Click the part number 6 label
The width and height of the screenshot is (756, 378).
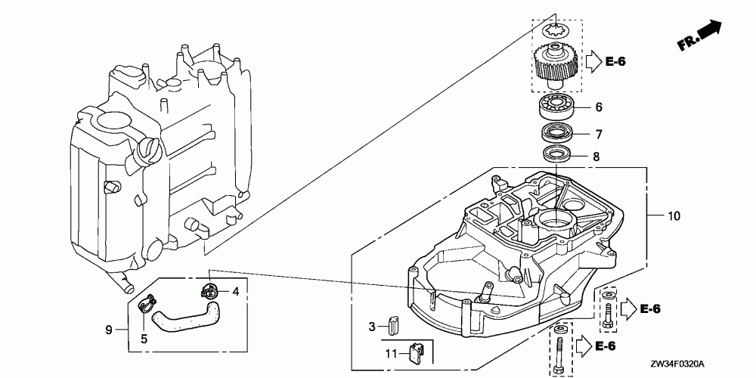pyautogui.click(x=598, y=107)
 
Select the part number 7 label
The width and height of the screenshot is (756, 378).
pyautogui.click(x=598, y=135)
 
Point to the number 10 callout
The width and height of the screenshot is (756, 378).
pyautogui.click(x=674, y=216)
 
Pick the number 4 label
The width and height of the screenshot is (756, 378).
pyautogui.click(x=236, y=290)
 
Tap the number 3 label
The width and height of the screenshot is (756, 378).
pyautogui.click(x=372, y=327)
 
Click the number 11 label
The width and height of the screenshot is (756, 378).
pyautogui.click(x=391, y=353)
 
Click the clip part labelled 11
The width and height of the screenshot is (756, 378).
pyautogui.click(x=416, y=351)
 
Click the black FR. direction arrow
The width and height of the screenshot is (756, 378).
pyautogui.click(x=708, y=31)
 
